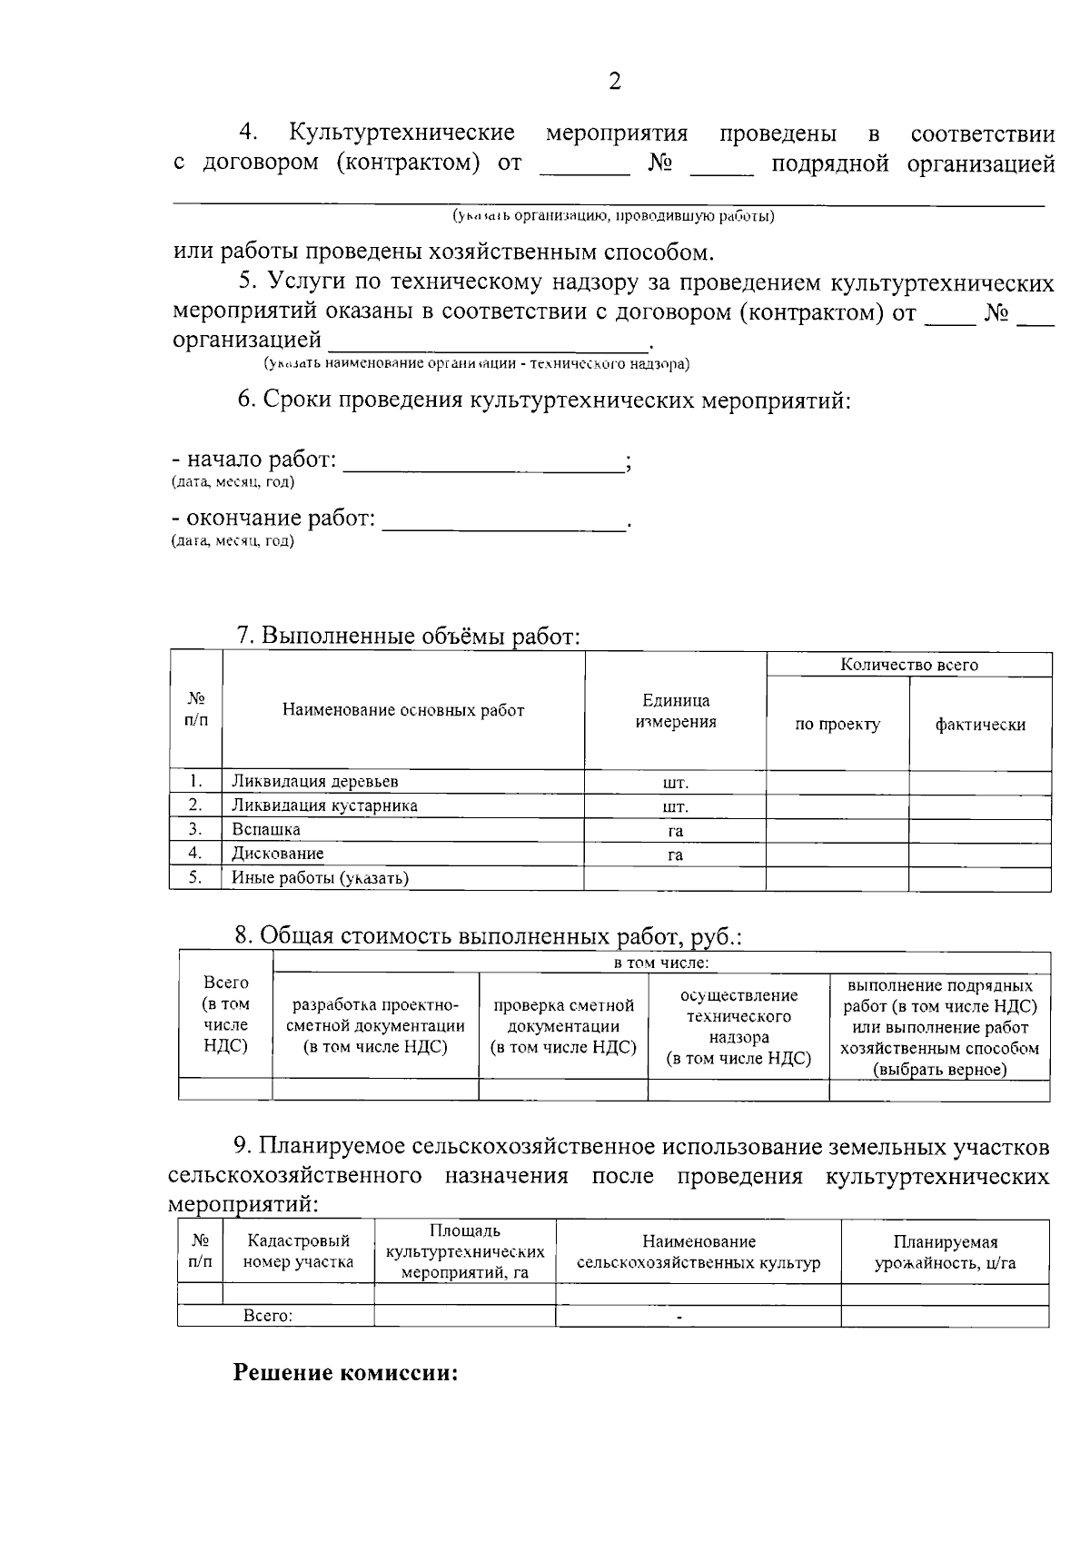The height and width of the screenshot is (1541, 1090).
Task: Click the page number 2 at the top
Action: [615, 83]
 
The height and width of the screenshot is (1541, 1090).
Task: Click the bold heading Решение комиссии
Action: [346, 1372]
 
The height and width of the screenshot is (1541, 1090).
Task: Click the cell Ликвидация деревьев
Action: [314, 782]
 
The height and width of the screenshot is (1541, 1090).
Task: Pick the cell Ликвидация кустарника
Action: [324, 805]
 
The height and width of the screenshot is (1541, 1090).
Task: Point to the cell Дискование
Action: [277, 854]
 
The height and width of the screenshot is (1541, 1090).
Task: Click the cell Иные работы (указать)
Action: [320, 878]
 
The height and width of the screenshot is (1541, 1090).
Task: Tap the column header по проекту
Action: [837, 725]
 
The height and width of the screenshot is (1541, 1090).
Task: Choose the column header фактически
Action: [980, 725]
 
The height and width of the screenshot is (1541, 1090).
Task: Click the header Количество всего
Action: [909, 665]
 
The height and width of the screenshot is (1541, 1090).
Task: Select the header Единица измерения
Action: [676, 711]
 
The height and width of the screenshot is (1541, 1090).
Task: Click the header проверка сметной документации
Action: [563, 1026]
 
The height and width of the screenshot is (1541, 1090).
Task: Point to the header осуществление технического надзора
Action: [738, 1026]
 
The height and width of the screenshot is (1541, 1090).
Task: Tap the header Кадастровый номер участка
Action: [298, 1251]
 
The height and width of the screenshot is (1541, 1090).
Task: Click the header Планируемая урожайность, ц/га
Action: [945, 1252]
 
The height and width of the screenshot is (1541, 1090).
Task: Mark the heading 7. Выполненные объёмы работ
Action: [408, 637]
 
